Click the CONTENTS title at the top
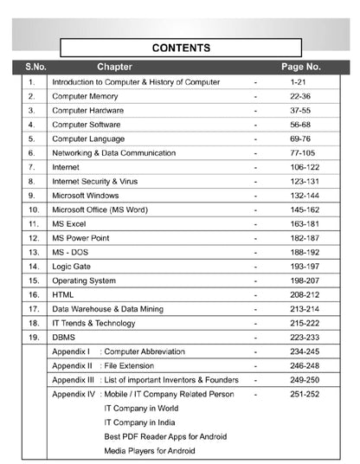coord(181,48)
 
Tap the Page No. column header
coord(300,66)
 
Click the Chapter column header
coord(114,66)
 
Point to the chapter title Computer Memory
coord(85,96)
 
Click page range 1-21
coord(300,82)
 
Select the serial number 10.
coord(34,209)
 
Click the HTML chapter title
coord(63,294)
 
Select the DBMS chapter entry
coord(64,337)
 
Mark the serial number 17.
coord(34,308)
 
